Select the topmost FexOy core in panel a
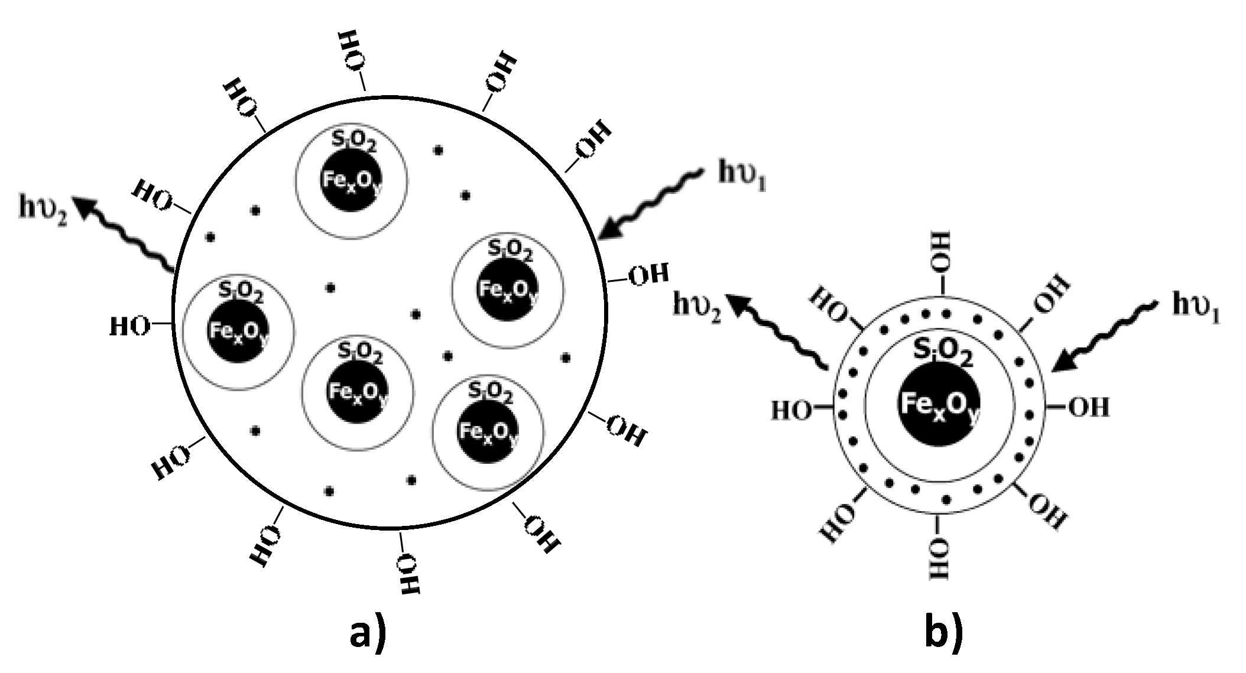point(351,179)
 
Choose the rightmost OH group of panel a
point(648,275)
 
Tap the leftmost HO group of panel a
point(128,326)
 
